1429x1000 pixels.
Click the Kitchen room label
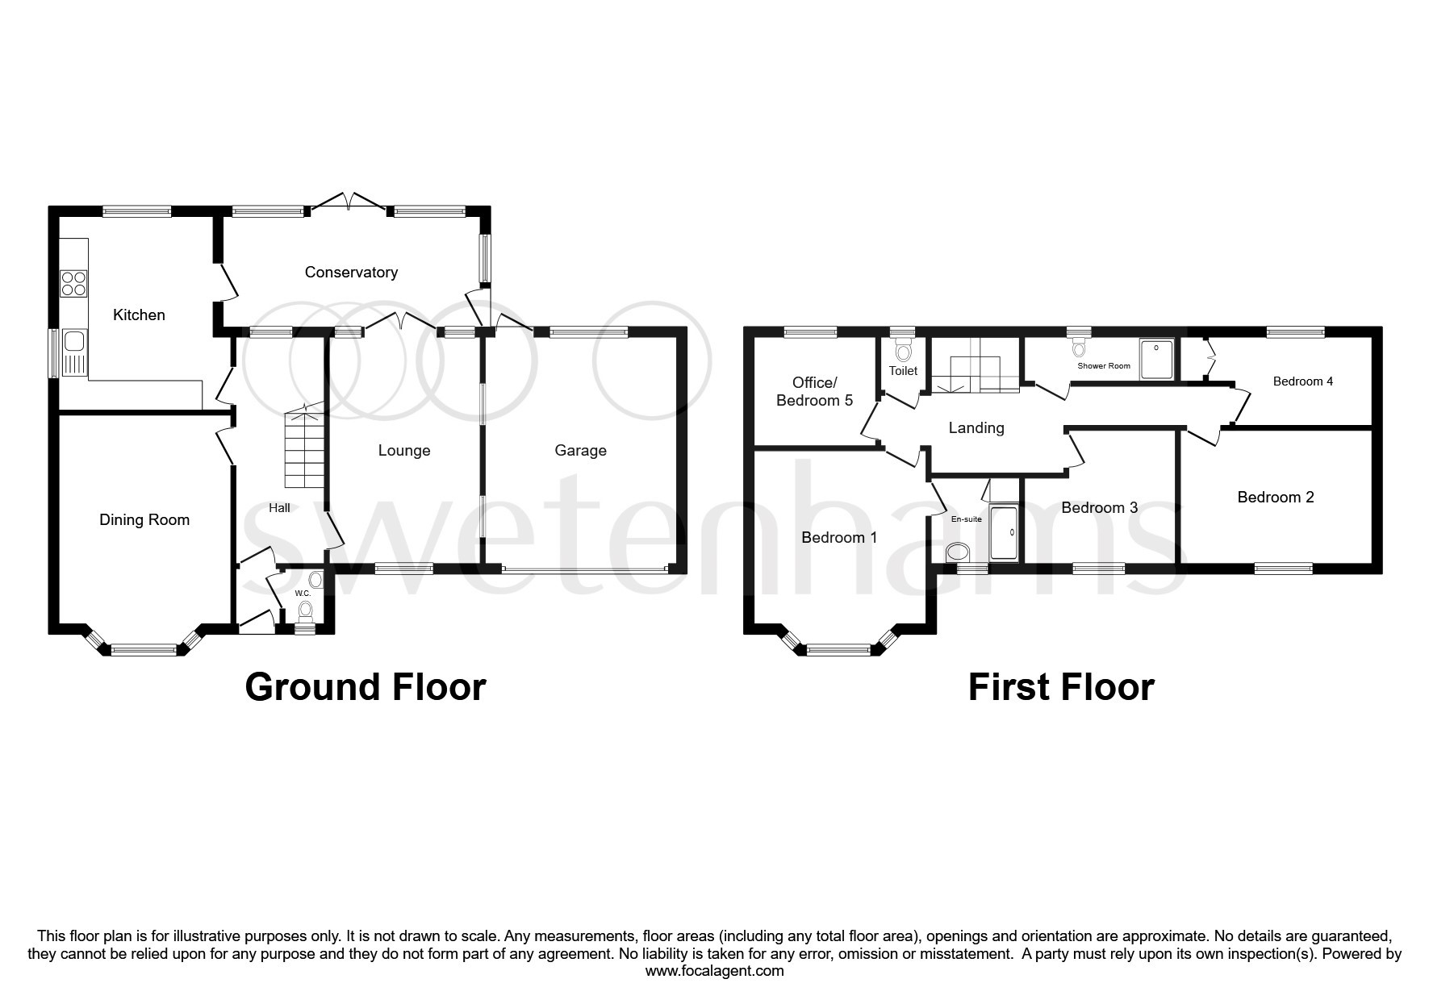pyautogui.click(x=139, y=315)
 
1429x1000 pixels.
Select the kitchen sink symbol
pyautogui.click(x=73, y=353)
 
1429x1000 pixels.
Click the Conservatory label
pyautogui.click(x=351, y=273)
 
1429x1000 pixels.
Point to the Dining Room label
pyautogui.click(x=144, y=520)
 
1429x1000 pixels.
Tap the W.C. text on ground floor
pyautogui.click(x=303, y=594)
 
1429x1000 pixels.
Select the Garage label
pyautogui.click(x=580, y=451)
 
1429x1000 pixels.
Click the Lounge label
pyautogui.click(x=404, y=451)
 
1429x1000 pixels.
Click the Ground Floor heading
pyautogui.click(x=365, y=687)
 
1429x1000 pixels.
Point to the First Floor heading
pyautogui.click(x=1060, y=687)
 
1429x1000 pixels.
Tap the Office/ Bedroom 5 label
pyautogui.click(x=814, y=392)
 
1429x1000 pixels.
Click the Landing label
pyautogui.click(x=976, y=428)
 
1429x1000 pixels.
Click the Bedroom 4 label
pyautogui.click(x=1302, y=381)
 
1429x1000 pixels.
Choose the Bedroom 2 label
pyautogui.click(x=1275, y=498)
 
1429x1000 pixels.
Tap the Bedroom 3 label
pyautogui.click(x=1099, y=508)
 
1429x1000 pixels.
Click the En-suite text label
pyautogui.click(x=966, y=519)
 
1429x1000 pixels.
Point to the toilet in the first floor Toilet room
pyautogui.click(x=903, y=352)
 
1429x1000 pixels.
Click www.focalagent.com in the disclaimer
pyautogui.click(x=714, y=971)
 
